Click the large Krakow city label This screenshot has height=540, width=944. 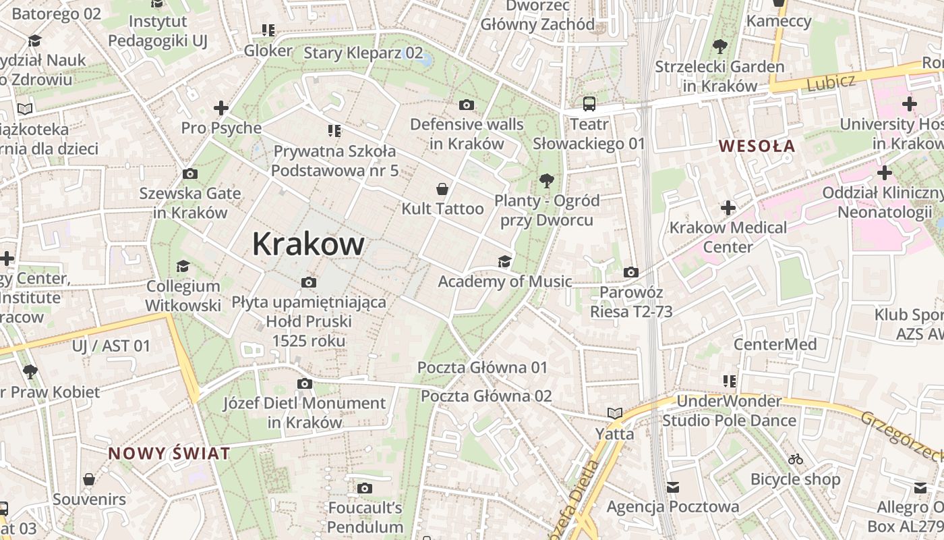308,244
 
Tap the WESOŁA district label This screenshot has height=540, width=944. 757,146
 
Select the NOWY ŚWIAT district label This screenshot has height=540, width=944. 169,453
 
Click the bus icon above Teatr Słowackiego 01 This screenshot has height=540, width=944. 589,104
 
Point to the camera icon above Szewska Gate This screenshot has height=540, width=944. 190,174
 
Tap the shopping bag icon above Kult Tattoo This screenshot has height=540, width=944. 442,188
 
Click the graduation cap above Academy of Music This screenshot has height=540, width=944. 504,261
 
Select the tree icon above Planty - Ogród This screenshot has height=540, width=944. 546,180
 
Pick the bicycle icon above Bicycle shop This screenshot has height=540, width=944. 796,459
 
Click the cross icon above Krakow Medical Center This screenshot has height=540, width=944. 728,207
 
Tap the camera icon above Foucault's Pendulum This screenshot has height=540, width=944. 365,488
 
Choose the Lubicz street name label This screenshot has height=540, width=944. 831,82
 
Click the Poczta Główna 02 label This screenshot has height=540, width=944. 486,396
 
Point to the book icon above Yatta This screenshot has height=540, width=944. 614,413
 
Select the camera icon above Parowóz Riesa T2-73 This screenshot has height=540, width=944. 631,272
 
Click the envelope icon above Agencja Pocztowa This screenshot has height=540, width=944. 672,487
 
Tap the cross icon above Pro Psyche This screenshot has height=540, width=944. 220,107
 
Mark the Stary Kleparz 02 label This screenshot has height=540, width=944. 363,53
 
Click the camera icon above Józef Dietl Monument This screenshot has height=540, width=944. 305,383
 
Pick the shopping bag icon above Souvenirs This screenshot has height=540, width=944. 89,479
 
